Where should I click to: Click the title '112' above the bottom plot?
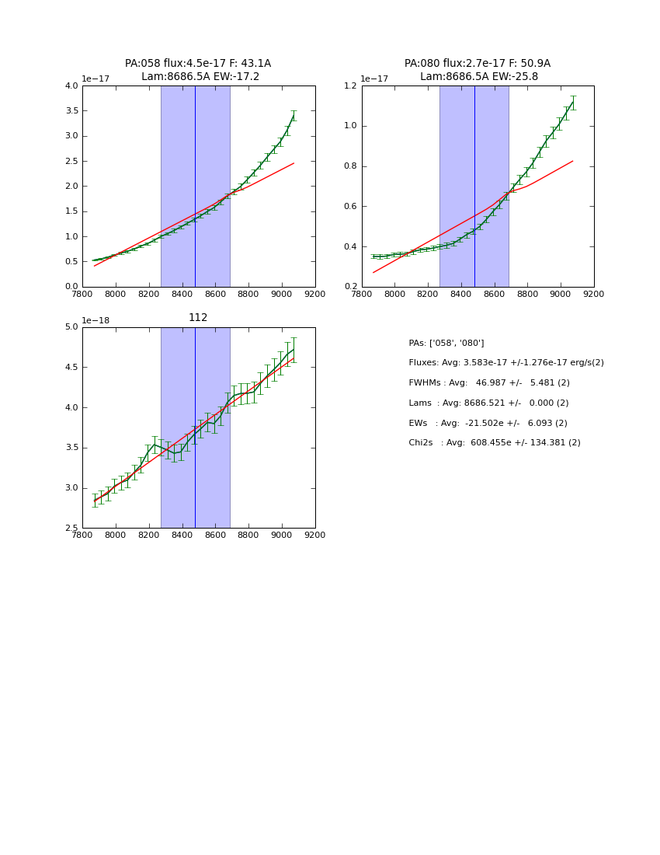[x=198, y=318]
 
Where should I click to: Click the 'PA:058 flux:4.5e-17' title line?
[x=198, y=64]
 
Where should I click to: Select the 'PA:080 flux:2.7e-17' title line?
[x=477, y=64]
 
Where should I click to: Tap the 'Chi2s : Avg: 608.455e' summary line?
[x=494, y=443]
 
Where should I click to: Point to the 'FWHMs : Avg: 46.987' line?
[x=488, y=383]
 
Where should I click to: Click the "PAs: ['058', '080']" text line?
[x=446, y=343]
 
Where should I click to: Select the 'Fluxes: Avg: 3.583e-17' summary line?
[x=505, y=363]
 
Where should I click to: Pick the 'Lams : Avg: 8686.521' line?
[x=488, y=403]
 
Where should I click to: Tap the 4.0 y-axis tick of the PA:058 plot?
[x=71, y=86]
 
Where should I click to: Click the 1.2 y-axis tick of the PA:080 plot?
[x=351, y=86]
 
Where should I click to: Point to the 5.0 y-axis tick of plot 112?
[x=71, y=327]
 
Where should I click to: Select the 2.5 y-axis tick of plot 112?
[x=71, y=529]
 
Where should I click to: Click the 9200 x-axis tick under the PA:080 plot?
[x=594, y=295]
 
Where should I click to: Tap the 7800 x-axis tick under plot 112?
[x=82, y=536]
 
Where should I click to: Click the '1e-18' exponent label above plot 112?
[x=96, y=320]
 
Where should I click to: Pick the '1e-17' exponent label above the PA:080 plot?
[x=373, y=79]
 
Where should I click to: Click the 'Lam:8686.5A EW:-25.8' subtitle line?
[x=478, y=77]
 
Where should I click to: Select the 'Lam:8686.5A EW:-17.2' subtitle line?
[x=200, y=77]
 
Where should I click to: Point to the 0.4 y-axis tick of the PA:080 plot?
[x=351, y=247]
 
